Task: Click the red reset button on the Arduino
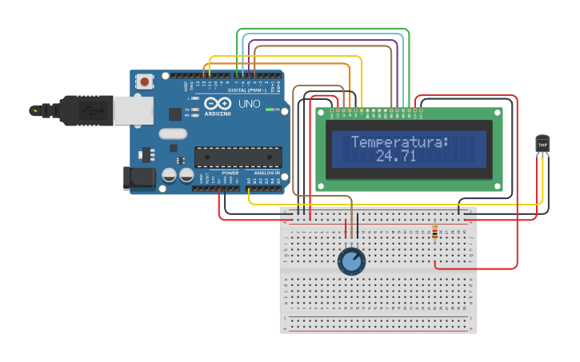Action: tap(145, 82)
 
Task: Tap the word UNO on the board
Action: tap(250, 104)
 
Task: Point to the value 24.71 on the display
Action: tap(396, 156)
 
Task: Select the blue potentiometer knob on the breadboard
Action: tap(351, 261)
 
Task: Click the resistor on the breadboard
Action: tap(434, 232)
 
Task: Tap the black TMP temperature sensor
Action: tap(542, 144)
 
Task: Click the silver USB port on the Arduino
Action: tap(133, 111)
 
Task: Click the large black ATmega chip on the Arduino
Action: tap(238, 157)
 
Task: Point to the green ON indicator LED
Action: tap(270, 109)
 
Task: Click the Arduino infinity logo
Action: tap(218, 103)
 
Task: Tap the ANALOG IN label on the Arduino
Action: tap(266, 173)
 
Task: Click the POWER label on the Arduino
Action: tap(230, 173)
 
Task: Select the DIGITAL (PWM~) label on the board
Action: tap(248, 90)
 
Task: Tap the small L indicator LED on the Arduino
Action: tap(195, 98)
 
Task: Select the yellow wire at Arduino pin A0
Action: tap(250, 193)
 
